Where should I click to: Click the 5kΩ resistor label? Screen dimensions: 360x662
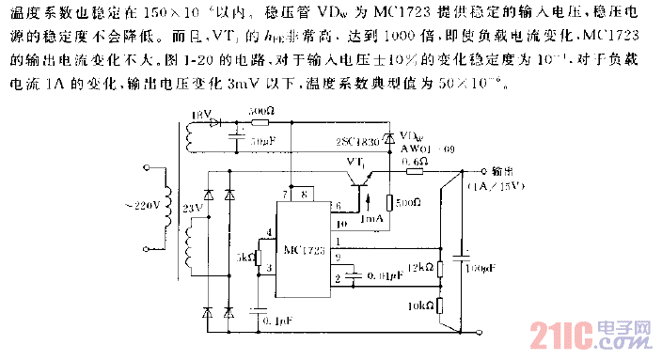245,256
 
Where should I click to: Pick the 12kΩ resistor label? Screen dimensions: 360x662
420,268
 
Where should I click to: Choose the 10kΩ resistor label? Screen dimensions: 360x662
420,306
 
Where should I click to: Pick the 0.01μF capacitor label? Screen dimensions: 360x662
386,274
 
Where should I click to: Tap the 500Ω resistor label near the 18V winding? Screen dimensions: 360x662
260,111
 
